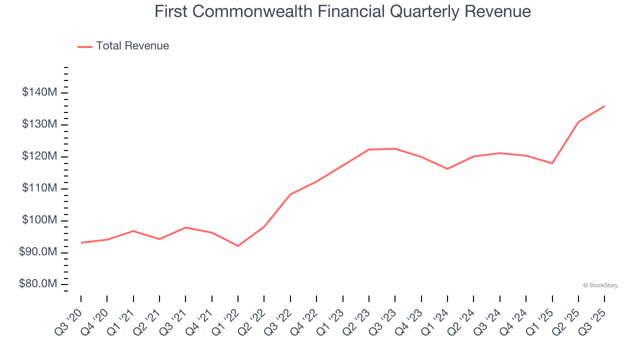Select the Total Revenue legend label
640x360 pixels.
[132, 46]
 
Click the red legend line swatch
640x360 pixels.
[85, 46]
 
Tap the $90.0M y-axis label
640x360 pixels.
[38, 252]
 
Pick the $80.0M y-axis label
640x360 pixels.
[38, 284]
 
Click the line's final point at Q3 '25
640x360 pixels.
[604, 106]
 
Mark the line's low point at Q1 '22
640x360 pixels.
[238, 246]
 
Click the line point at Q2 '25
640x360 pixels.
[578, 122]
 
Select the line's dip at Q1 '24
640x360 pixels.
[447, 169]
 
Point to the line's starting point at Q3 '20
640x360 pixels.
[81, 243]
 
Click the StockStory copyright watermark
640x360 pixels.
[600, 285]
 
